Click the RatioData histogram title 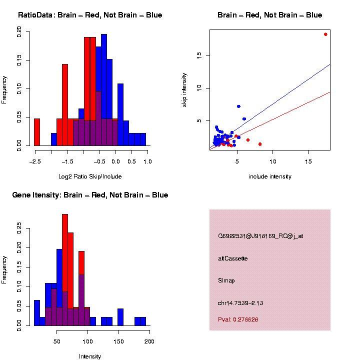coord(90,15)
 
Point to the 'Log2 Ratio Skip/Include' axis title coord(90,176)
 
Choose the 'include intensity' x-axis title coord(270,176)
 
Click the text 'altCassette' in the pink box coord(232,258)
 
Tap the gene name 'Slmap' coord(226,280)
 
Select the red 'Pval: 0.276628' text coord(238,319)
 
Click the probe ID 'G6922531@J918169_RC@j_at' coord(260,236)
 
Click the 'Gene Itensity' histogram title coord(90,195)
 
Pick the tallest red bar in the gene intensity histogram coord(65,269)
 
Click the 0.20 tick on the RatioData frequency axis coord(19,32)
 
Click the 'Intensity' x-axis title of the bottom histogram coord(90,356)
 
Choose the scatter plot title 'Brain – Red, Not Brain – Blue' coord(270,15)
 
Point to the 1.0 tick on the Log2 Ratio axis coord(147,161)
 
